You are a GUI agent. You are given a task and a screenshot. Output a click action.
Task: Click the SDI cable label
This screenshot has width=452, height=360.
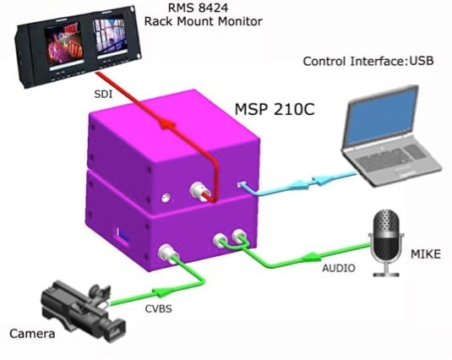103,95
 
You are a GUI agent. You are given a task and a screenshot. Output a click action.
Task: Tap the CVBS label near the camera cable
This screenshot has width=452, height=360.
159,309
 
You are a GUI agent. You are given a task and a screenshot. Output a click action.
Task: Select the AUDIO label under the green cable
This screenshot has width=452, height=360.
339,269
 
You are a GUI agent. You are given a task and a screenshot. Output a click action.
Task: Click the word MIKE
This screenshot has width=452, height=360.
426,254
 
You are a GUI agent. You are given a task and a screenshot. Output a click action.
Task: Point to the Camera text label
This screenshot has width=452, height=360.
32,334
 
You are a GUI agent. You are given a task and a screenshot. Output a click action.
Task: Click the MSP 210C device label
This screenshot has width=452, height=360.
275,109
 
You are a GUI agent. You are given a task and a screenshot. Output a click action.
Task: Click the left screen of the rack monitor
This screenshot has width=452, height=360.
63,44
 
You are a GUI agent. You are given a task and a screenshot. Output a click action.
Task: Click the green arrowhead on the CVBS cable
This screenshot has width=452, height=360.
161,292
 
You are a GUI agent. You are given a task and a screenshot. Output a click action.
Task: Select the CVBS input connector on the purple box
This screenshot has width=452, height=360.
167,253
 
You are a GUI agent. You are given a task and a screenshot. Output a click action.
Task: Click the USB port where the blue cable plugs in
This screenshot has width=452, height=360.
241,183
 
